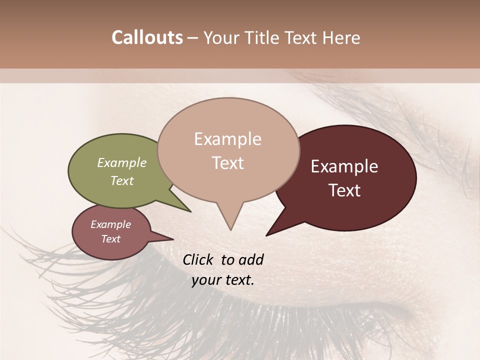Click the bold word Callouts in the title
click(147, 37)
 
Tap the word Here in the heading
click(340, 37)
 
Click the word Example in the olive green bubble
click(122, 162)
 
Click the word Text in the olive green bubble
click(122, 180)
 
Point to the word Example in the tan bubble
click(227, 139)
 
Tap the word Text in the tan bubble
click(228, 163)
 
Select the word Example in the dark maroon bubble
click(344, 166)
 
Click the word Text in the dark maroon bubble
click(345, 190)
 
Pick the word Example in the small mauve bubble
click(110, 224)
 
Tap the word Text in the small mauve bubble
click(110, 239)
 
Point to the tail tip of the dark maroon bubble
click(267, 235)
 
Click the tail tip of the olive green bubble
click(190, 211)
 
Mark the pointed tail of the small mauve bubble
click(172, 238)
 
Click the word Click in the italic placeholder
click(199, 259)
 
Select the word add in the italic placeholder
click(251, 259)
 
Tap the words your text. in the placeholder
click(223, 280)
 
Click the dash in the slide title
click(193, 38)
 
